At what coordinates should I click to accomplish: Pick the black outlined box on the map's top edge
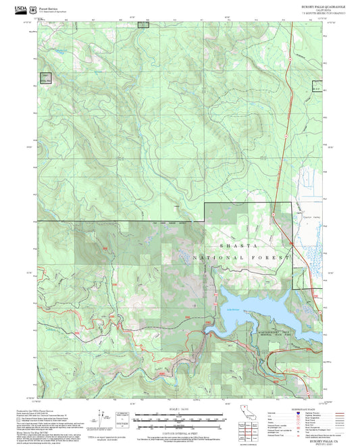tap(143, 24)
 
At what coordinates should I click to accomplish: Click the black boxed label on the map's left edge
tap(45, 78)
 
